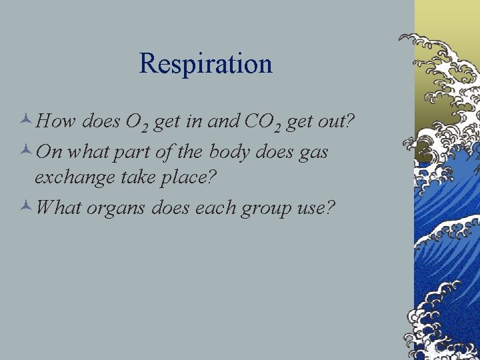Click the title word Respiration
click(x=205, y=65)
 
